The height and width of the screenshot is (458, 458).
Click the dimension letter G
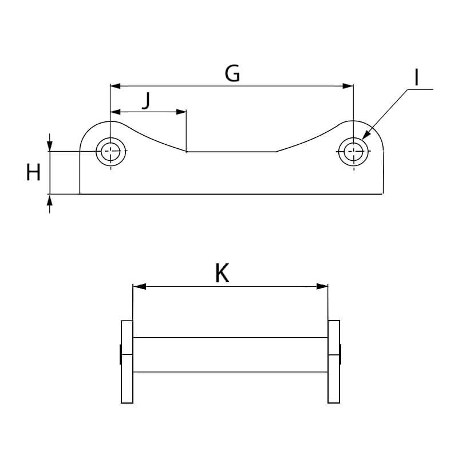point(232,73)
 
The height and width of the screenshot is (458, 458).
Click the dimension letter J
point(147,100)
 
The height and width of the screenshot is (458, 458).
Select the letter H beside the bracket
point(33,172)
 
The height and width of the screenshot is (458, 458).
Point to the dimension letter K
point(222,274)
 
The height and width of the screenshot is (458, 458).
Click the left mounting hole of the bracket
point(109,152)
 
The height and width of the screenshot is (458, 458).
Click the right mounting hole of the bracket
point(353,152)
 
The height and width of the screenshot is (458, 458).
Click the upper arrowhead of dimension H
point(50,146)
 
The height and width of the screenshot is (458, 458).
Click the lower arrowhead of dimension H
point(50,200)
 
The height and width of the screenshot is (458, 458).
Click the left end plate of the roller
point(127,362)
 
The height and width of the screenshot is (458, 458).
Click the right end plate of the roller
point(334,362)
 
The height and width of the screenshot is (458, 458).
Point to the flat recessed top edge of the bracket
point(232,152)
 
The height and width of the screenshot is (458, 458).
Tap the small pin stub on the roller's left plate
point(120,354)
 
